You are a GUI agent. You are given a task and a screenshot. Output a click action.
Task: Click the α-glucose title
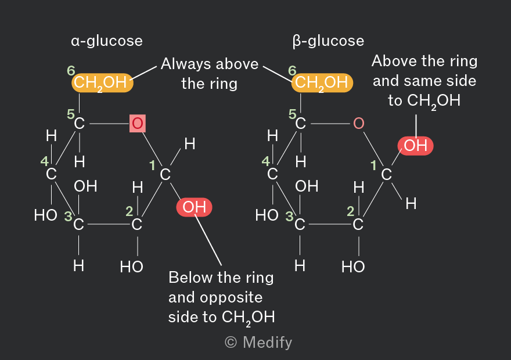pyautogui.click(x=107, y=41)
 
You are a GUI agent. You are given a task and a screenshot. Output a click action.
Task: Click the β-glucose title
pyautogui.click(x=328, y=41)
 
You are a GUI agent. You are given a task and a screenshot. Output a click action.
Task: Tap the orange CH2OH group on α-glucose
pyautogui.click(x=102, y=83)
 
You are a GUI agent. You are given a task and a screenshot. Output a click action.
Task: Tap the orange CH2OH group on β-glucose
pyautogui.click(x=322, y=83)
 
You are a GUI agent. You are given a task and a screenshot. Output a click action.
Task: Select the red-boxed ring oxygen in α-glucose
pyautogui.click(x=138, y=124)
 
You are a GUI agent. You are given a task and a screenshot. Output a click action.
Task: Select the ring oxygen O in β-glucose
pyautogui.click(x=358, y=124)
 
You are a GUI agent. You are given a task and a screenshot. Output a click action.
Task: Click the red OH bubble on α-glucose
pyautogui.click(x=194, y=207)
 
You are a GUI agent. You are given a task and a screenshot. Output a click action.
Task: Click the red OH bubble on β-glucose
pyautogui.click(x=416, y=146)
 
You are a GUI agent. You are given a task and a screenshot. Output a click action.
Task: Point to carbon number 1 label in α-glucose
pyautogui.click(x=152, y=165)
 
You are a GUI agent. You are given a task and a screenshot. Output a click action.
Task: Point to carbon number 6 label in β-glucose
pyautogui.click(x=292, y=71)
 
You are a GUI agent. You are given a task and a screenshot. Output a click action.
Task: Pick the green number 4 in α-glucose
pyautogui.click(x=44, y=161)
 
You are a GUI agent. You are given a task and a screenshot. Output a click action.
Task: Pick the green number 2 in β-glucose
pyautogui.click(x=350, y=211)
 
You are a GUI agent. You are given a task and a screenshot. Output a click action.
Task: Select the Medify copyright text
pyautogui.click(x=258, y=343)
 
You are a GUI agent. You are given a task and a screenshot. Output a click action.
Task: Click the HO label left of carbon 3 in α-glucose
pyautogui.click(x=46, y=215)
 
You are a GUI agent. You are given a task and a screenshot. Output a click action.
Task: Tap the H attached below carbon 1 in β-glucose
pyautogui.click(x=411, y=204)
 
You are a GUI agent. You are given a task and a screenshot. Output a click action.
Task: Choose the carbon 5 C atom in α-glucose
pyautogui.click(x=79, y=124)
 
